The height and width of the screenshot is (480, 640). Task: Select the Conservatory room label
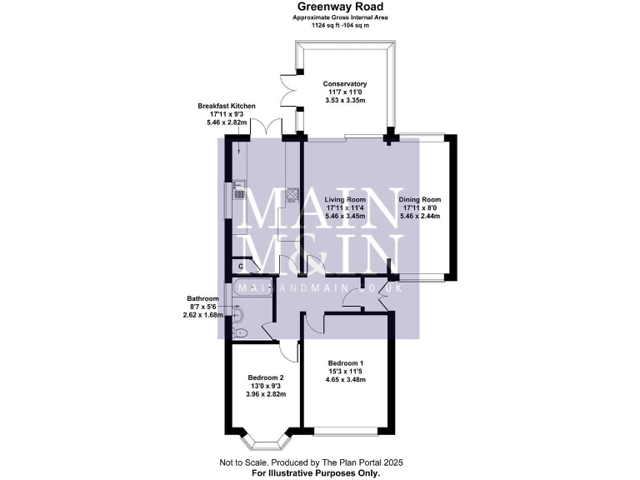(x=345, y=85)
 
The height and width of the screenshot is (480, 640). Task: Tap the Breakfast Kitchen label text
(x=227, y=107)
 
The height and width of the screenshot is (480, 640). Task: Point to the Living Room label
(x=345, y=201)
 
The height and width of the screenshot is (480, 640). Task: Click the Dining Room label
(x=419, y=201)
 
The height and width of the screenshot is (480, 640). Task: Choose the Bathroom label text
(x=202, y=298)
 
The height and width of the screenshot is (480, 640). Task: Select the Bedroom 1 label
(x=345, y=363)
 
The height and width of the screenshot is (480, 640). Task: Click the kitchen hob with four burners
(x=293, y=196)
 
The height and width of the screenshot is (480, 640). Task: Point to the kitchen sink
(x=238, y=193)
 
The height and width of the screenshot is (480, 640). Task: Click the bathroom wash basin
(x=238, y=314)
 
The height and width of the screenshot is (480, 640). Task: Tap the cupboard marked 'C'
(x=240, y=266)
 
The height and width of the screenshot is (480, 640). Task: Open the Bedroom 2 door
(x=288, y=351)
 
